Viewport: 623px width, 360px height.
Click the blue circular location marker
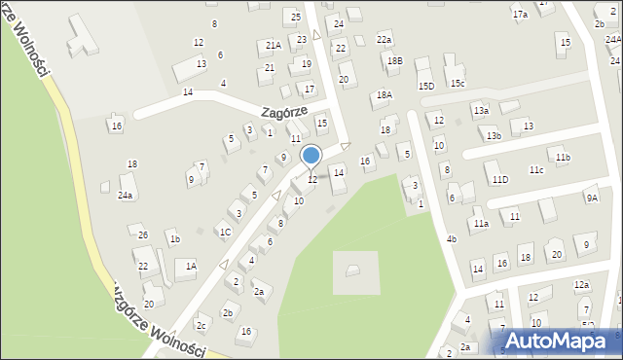[x=311, y=155]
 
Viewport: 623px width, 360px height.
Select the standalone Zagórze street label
[x=283, y=112]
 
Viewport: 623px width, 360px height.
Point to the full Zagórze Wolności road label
[x=157, y=320]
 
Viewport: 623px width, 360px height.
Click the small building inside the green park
[x=351, y=270]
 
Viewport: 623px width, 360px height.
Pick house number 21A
[x=274, y=45]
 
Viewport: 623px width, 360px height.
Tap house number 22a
[x=385, y=39]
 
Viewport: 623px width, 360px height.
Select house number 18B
[x=394, y=60]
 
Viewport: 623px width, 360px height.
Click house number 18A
[x=384, y=94]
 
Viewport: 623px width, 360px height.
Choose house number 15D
[x=426, y=86]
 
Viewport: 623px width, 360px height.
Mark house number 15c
[x=457, y=84]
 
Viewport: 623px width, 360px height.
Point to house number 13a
[x=481, y=111]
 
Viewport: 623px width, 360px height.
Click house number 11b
[x=562, y=157]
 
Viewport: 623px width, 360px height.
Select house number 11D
[x=499, y=179]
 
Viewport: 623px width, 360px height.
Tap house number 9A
[x=591, y=198]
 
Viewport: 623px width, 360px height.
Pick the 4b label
[x=452, y=238]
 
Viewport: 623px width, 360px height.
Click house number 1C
[x=225, y=232]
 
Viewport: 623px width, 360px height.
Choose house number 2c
[x=202, y=325]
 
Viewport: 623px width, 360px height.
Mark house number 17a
[x=521, y=15]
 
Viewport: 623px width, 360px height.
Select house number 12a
[x=581, y=285]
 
